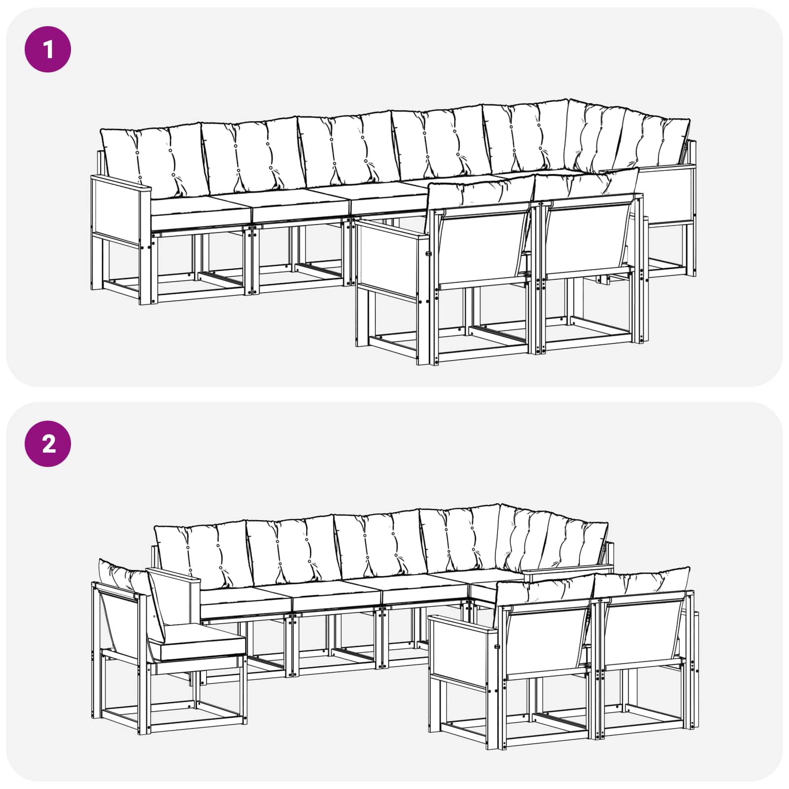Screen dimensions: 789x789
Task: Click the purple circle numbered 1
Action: pos(48,50)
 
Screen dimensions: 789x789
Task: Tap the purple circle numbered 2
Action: pos(48,444)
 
